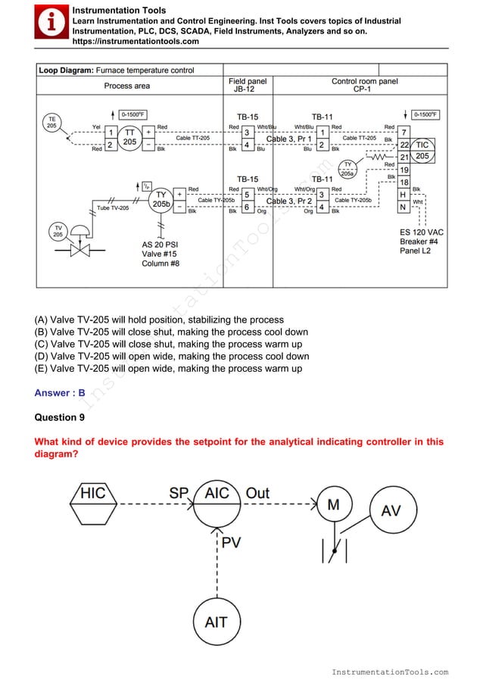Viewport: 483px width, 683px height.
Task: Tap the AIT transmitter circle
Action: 217,622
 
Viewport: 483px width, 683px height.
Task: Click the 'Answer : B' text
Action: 60,393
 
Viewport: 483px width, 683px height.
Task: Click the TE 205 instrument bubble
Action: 51,123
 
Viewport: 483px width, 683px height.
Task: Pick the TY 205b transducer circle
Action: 160,200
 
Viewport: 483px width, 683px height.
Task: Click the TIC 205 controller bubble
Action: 422,150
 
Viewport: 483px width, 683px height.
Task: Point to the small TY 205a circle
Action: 347,168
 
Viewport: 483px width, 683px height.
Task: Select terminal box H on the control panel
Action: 404,195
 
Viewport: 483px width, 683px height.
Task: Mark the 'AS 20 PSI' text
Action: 161,245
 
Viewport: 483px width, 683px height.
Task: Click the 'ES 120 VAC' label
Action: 422,232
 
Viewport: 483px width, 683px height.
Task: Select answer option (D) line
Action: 172,356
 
